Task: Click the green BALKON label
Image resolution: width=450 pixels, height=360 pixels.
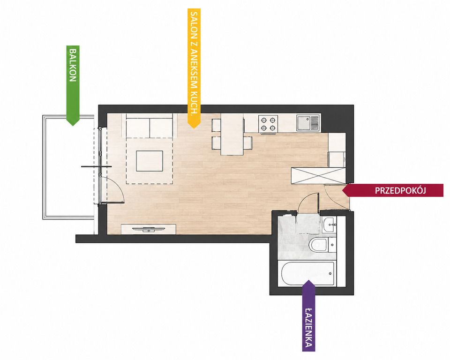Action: tap(73, 66)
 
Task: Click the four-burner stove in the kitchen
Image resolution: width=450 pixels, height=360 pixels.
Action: tap(268, 124)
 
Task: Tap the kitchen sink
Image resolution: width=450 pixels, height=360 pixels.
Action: tap(308, 123)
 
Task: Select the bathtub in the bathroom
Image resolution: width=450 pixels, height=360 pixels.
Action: tap(308, 273)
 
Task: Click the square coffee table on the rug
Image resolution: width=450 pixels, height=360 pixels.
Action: tap(150, 161)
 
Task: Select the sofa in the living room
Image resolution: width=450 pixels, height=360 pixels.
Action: tap(149, 126)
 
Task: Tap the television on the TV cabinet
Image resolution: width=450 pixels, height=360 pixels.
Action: tap(149, 229)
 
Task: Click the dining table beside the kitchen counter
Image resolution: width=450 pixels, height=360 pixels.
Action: tap(232, 135)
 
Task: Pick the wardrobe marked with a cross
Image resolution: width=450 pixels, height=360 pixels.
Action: tap(318, 176)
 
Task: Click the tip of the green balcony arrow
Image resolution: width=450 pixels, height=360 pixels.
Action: tap(73, 126)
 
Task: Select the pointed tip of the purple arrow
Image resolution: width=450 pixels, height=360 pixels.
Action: tap(308, 280)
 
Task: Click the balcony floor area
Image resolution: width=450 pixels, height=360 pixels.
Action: tap(68, 167)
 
